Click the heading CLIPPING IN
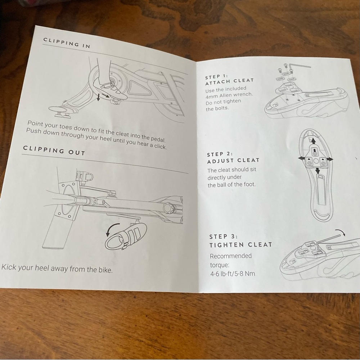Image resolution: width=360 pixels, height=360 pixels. [67, 43]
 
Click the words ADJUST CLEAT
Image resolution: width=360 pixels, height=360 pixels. [233, 161]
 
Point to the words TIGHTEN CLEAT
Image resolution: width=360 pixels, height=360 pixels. [240, 245]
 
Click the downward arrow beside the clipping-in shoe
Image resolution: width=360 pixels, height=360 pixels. [98, 97]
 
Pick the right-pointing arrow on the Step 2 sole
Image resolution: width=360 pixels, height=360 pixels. [329, 159]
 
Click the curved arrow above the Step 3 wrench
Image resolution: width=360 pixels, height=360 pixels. [341, 232]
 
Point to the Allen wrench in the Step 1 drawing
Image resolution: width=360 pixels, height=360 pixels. [299, 66]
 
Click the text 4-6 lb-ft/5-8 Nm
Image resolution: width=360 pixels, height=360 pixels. [233, 274]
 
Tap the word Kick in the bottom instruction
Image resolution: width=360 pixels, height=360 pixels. [9, 267]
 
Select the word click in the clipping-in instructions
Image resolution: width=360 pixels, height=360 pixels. [160, 146]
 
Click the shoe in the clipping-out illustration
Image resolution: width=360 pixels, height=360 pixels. [126, 237]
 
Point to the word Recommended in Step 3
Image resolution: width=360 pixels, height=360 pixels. [231, 256]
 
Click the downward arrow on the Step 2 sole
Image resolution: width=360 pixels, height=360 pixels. [318, 171]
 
